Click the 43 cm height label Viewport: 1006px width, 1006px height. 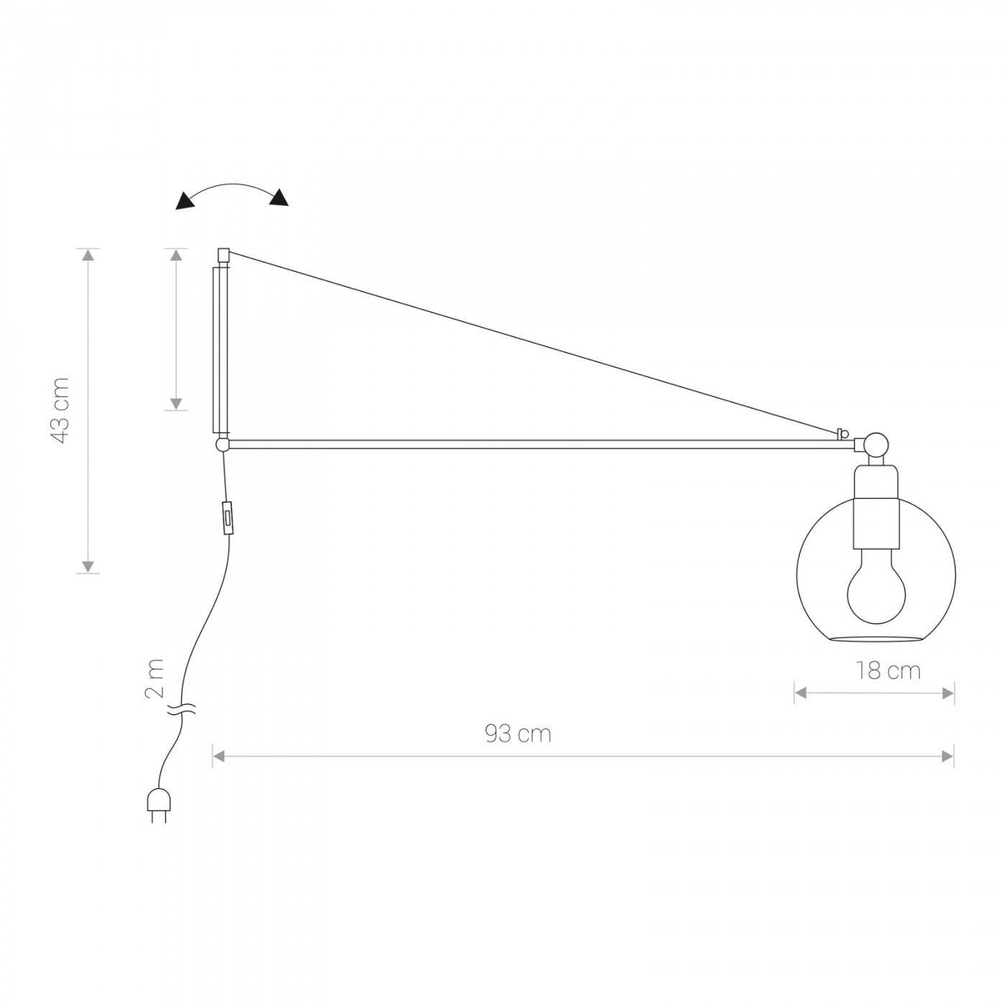click(x=62, y=410)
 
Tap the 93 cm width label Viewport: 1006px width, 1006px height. click(x=518, y=734)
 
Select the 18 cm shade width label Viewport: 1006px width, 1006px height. click(x=888, y=671)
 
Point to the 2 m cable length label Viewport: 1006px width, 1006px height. click(x=154, y=678)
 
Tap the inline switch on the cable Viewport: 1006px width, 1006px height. click(x=228, y=517)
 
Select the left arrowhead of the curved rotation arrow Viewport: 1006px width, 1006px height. click(x=186, y=201)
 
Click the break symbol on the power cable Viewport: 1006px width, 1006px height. click(x=181, y=709)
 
